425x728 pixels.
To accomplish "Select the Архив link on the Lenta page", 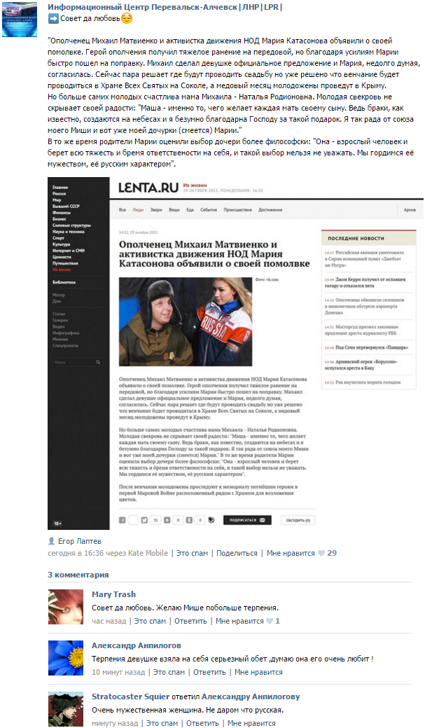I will tap(410, 210).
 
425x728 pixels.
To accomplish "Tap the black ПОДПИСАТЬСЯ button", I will tap(246, 520).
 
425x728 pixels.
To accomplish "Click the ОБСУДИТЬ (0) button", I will tap(298, 520).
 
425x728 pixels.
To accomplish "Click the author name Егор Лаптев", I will tap(80, 541).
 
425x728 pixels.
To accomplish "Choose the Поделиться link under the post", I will tap(237, 553).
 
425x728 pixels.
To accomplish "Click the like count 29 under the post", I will tap(332, 553).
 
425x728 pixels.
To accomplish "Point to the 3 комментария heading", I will tap(78, 575).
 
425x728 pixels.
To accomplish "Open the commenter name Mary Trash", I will tap(113, 594).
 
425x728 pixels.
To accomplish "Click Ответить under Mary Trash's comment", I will tap(190, 621).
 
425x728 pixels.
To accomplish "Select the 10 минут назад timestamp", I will tap(118, 672).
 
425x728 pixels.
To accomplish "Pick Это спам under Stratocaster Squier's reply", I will tap(163, 723).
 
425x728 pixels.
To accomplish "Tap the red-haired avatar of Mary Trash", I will tap(66, 607).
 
